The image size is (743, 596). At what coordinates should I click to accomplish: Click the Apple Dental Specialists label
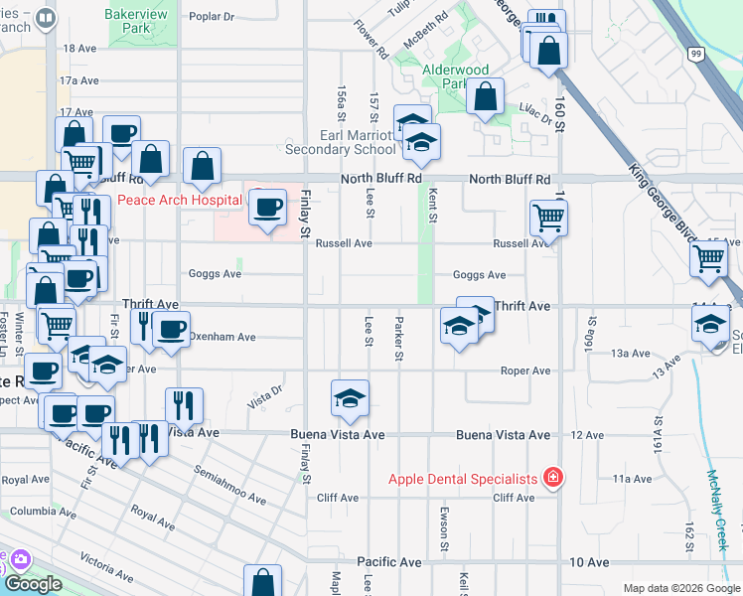point(463,479)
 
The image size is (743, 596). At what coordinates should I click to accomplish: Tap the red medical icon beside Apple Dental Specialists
point(553,479)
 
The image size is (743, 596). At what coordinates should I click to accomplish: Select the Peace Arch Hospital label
point(179,199)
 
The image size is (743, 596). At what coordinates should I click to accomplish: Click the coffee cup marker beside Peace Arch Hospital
point(266,209)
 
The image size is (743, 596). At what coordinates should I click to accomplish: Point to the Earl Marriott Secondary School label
point(340,142)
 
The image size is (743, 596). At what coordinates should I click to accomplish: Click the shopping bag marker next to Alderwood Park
point(484,98)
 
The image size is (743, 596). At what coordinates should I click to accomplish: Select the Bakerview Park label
point(137,22)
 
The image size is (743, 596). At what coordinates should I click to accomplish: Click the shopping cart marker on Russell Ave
point(547,218)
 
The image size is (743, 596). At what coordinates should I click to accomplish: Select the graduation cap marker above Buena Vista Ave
point(349,400)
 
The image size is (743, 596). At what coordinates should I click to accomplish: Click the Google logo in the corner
point(33,584)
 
